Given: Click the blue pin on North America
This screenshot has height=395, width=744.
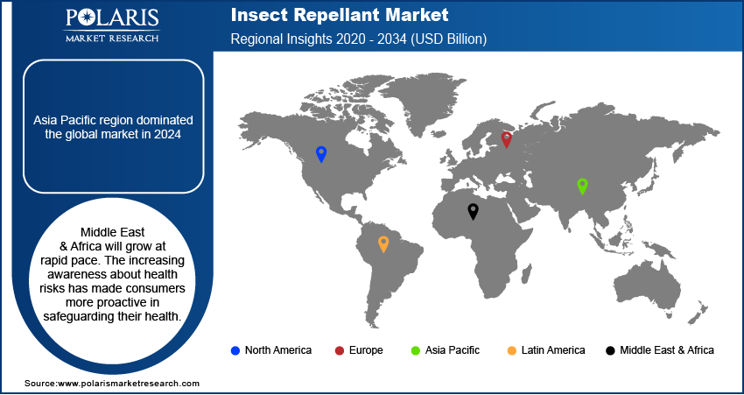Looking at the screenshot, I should click(x=321, y=154).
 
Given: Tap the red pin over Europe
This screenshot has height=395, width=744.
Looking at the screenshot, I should click(x=506, y=138).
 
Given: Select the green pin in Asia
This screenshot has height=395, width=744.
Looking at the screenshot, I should click(x=582, y=185).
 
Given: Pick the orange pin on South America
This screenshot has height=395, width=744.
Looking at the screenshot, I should click(x=383, y=243).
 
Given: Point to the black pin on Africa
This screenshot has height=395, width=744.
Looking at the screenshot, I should click(x=473, y=210).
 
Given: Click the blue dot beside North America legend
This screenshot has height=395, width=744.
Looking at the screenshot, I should click(x=235, y=350).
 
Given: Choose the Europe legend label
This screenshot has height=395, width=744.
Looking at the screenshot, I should click(x=365, y=350).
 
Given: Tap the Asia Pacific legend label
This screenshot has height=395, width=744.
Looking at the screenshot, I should click(x=452, y=350).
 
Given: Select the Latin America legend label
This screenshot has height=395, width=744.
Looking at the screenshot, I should click(x=552, y=350).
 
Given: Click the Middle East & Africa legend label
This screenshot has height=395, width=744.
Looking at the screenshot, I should click(x=666, y=350).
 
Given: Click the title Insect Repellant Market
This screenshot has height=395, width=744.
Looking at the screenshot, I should click(x=339, y=15).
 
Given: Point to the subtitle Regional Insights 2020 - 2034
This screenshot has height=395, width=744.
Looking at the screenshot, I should click(x=358, y=39).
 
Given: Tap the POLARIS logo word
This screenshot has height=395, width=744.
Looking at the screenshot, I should click(x=111, y=19).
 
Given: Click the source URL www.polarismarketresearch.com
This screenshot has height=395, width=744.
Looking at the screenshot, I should click(x=129, y=384).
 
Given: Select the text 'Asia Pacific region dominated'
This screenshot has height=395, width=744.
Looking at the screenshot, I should click(x=113, y=119).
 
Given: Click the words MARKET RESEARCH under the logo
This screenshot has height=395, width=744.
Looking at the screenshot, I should click(x=111, y=38).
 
